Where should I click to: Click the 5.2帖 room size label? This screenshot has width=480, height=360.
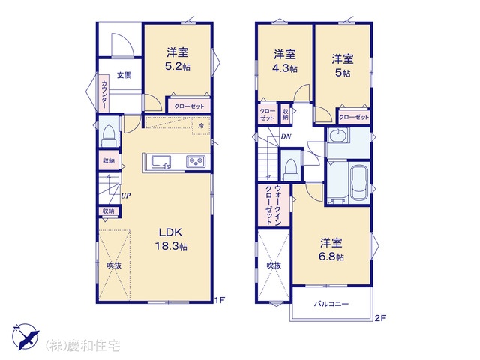click(178, 66)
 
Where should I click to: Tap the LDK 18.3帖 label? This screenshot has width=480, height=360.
click(171, 239)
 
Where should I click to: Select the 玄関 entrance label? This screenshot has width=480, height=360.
click(124, 75)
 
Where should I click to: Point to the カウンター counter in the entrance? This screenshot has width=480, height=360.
click(104, 93)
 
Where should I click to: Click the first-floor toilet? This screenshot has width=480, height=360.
click(108, 136)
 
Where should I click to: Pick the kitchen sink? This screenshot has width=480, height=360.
click(162, 162)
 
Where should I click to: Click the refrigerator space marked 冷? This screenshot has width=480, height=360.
click(201, 125)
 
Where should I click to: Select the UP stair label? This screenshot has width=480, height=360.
click(126, 196)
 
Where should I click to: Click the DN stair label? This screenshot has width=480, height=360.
click(286, 136)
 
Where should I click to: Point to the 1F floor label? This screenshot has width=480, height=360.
click(220, 300)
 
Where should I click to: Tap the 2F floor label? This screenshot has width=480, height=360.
click(380, 318)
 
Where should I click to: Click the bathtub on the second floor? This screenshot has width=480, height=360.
click(359, 183)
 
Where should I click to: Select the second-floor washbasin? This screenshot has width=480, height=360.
click(338, 135)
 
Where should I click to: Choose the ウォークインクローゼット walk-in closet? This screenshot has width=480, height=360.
click(273, 205)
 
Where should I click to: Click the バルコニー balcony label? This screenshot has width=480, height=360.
click(331, 304)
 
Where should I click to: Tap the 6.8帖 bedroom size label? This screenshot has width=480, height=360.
click(331, 256)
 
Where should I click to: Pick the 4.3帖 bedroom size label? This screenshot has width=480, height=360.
click(285, 68)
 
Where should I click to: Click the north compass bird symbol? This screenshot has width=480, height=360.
click(25, 337)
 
